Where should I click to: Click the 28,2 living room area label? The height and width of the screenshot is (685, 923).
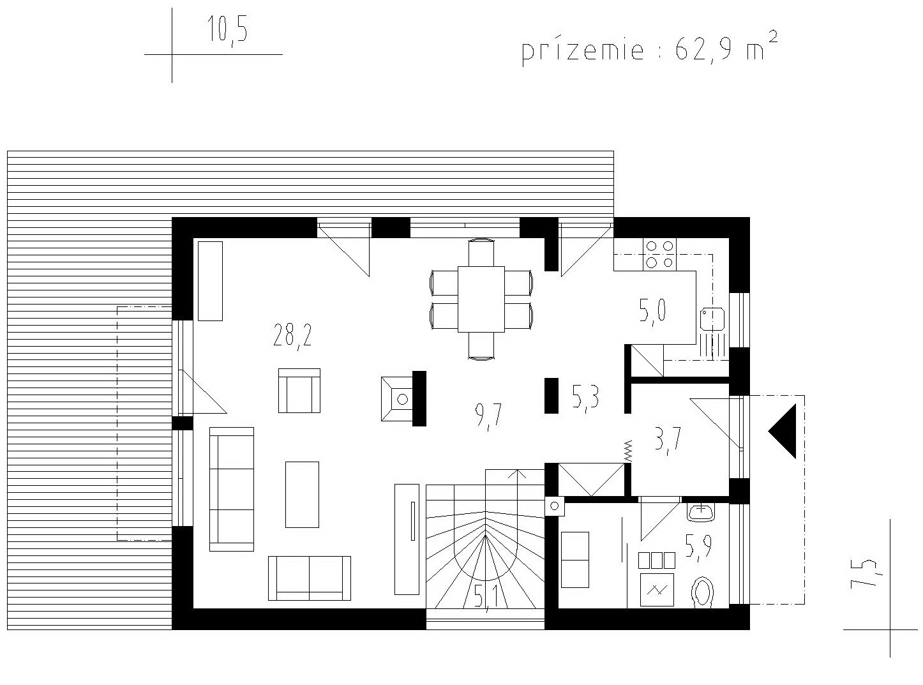click(292, 336)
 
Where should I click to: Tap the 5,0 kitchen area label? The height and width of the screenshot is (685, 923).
click(652, 312)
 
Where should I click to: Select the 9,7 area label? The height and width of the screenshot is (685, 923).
click(488, 416)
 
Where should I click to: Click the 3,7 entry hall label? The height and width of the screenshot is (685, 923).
click(667, 442)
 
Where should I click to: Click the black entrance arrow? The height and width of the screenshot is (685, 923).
click(782, 431)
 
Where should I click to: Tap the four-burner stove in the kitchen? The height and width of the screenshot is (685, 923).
click(659, 254)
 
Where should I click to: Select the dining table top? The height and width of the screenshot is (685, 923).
click(481, 299)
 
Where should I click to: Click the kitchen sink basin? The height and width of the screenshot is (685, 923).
click(712, 319)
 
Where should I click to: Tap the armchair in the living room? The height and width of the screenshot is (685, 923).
click(299, 390)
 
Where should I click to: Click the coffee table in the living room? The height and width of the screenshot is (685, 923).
click(302, 494)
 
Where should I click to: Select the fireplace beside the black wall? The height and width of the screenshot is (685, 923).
click(398, 399)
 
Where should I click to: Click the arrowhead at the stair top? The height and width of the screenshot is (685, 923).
click(516, 473)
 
